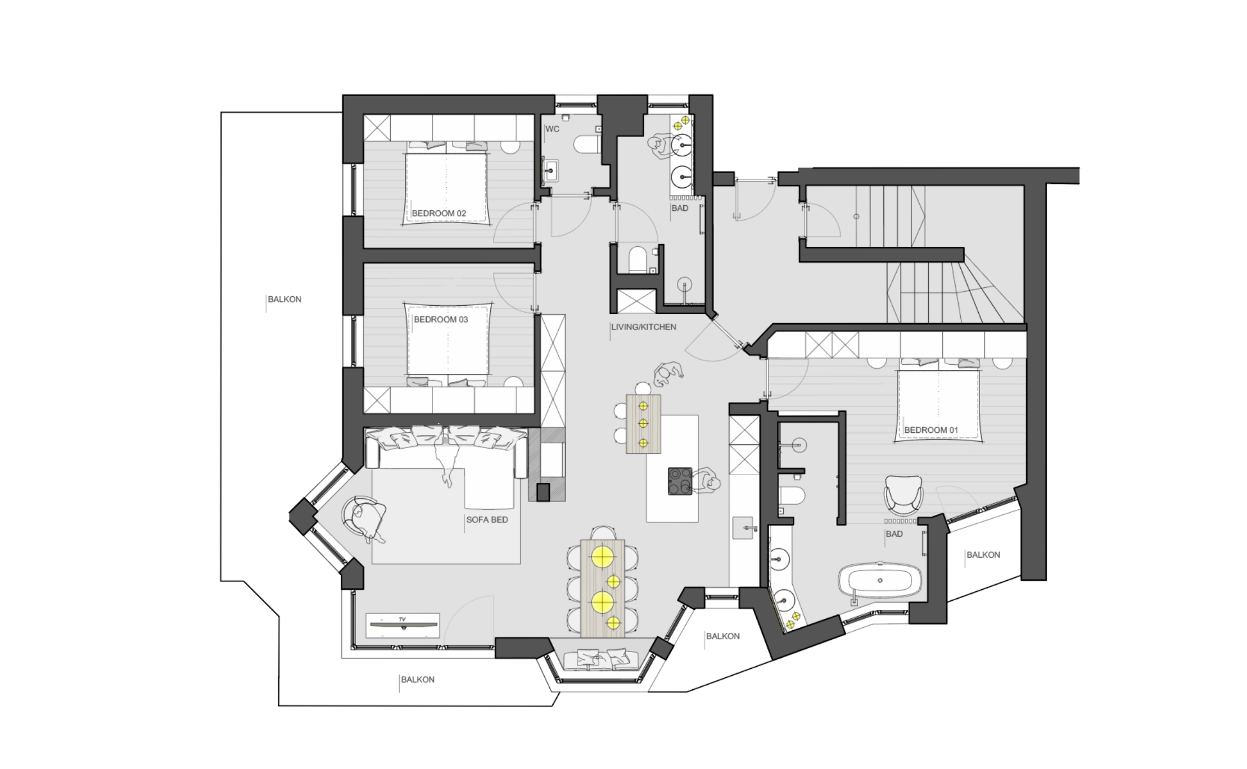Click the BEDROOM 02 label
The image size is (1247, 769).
click(439, 214)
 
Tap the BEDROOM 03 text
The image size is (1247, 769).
click(441, 319)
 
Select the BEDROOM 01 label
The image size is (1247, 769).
click(931, 430)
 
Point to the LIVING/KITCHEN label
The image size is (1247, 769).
click(644, 327)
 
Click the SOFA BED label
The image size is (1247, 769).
click(487, 519)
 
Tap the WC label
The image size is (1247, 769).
click(552, 129)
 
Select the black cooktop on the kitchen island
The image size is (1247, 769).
click(680, 481)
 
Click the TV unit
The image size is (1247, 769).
click(403, 625)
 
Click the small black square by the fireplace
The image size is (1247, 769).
click(543, 492)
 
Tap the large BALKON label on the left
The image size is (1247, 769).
click(284, 299)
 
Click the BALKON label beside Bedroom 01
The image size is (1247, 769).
click(983, 555)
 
